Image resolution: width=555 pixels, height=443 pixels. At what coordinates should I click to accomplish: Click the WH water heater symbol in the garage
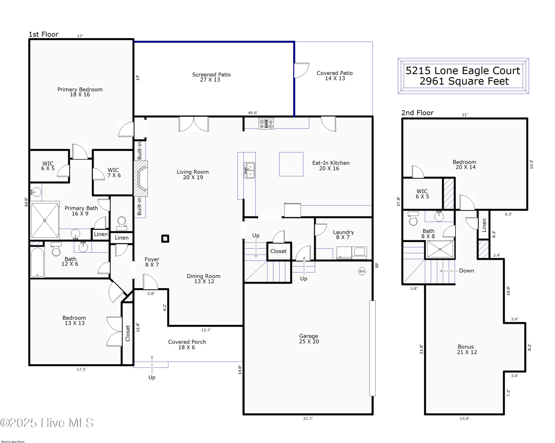click(x=362, y=271)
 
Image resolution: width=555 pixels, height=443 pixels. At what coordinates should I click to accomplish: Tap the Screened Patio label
click(x=211, y=77)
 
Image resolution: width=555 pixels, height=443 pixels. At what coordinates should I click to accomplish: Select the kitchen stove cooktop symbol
click(x=266, y=124)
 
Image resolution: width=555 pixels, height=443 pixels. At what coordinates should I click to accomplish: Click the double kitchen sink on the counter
click(x=249, y=170)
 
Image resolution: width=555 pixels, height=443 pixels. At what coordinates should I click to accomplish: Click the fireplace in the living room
click(x=141, y=178)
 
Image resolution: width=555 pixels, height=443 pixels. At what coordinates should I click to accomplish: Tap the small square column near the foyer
click(x=165, y=238)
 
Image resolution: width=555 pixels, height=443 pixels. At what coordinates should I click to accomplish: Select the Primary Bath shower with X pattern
click(x=45, y=220)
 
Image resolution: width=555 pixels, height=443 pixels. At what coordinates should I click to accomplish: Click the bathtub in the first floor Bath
click(x=38, y=262)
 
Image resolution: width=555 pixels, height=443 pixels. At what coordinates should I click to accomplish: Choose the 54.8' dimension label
click(x=26, y=202)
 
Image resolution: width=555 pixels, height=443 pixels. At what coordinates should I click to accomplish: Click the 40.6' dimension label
click(x=253, y=113)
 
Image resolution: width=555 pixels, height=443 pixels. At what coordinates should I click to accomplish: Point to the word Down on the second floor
click(x=466, y=271)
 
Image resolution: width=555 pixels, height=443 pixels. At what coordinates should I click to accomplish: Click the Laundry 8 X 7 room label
click(x=343, y=235)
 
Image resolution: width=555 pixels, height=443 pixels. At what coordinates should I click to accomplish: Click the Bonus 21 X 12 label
click(x=466, y=349)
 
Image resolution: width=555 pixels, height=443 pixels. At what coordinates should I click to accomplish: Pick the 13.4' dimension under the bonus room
click(x=464, y=419)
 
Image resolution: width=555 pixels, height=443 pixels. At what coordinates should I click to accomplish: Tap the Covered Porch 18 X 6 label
click(x=187, y=344)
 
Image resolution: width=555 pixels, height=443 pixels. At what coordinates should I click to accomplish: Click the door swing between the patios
click(x=301, y=70)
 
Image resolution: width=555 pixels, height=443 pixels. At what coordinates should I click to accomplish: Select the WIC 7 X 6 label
click(x=114, y=173)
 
